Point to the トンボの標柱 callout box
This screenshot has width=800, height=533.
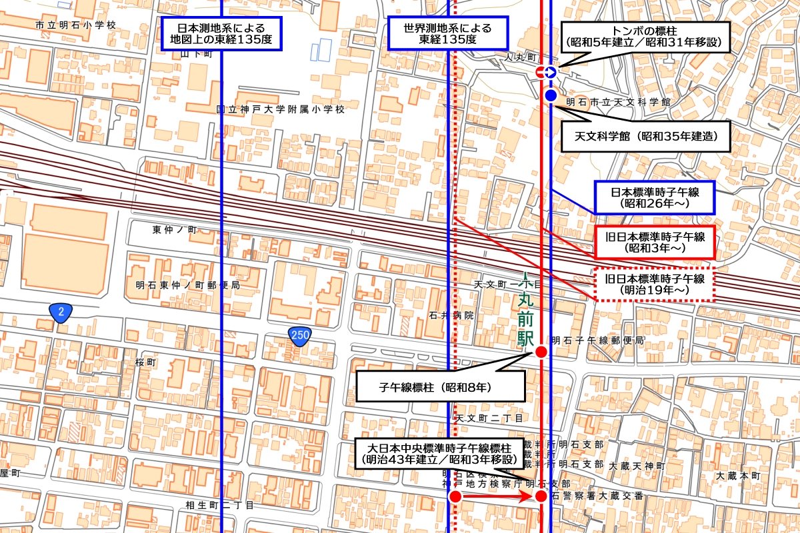[644, 37]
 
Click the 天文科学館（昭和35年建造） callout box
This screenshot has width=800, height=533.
[645, 137]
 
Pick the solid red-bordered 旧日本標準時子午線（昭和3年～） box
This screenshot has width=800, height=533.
[654, 242]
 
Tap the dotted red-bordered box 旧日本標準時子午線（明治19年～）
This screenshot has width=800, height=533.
[654, 284]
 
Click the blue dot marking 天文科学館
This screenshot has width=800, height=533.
[551, 97]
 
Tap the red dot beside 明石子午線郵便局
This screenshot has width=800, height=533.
[541, 352]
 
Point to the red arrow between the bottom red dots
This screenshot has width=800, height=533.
[497, 496]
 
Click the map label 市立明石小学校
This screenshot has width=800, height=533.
[75, 25]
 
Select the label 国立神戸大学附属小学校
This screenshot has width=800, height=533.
[281, 109]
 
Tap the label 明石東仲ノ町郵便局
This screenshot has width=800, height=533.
[186, 285]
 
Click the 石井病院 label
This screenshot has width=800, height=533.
[451, 315]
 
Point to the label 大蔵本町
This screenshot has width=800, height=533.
[738, 476]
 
